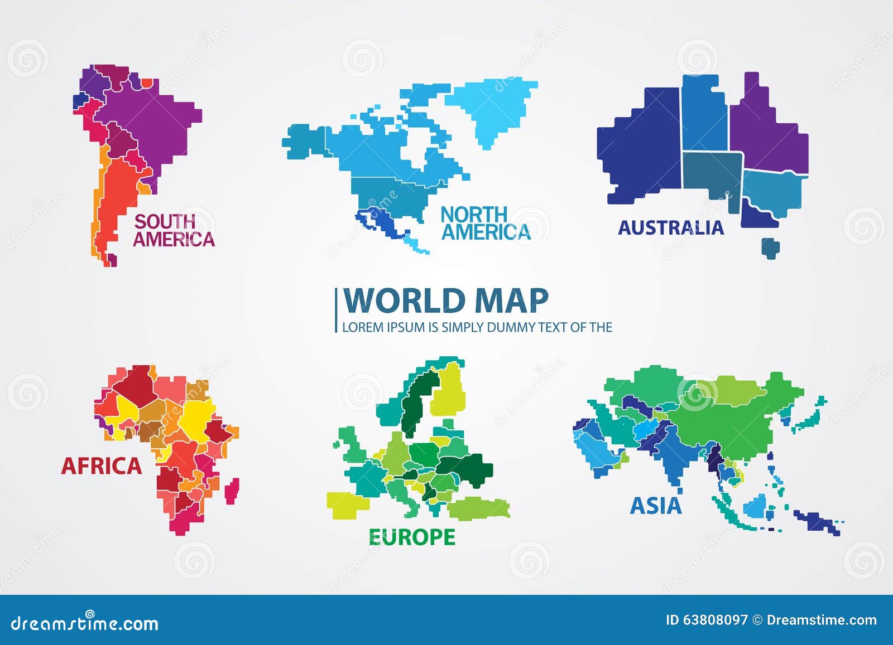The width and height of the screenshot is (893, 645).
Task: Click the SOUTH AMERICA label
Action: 174,230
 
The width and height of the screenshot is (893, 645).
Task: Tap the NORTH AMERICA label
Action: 485,223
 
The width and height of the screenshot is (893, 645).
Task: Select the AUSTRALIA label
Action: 670,227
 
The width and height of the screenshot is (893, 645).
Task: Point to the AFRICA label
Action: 102,466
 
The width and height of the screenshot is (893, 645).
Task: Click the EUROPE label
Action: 412,537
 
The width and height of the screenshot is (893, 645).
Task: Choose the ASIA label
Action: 656,506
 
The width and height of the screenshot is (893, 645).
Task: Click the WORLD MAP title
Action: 445,301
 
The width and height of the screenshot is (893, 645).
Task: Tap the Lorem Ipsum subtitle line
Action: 477,327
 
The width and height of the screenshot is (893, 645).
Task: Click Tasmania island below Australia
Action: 771,248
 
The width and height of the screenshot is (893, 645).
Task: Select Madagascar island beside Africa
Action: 232,491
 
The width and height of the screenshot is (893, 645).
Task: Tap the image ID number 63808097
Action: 715,620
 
